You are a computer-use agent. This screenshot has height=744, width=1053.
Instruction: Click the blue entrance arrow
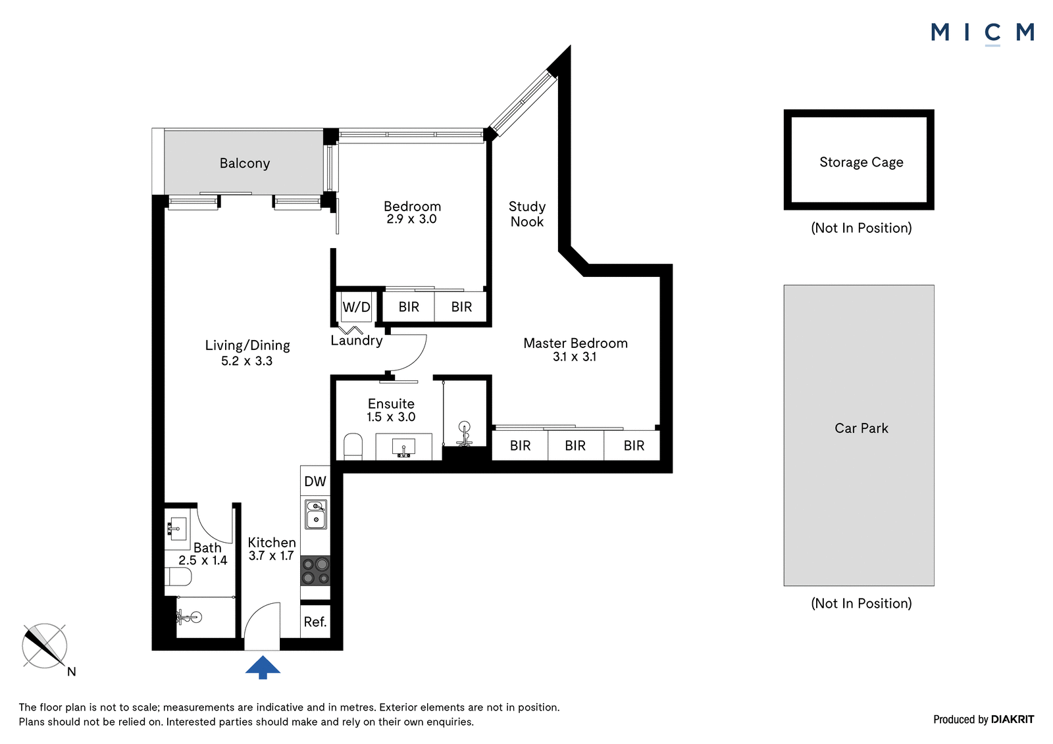(x=263, y=667)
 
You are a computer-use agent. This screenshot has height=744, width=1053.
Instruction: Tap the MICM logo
(x=983, y=34)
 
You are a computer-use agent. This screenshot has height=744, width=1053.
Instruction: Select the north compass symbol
(x=45, y=647)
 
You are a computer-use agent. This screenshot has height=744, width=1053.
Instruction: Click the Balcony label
(x=244, y=163)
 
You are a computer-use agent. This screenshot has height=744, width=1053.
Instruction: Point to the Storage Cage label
(x=861, y=162)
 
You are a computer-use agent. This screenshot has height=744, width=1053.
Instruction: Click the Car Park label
(x=861, y=428)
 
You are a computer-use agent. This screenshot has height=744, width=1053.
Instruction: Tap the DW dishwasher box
(x=315, y=481)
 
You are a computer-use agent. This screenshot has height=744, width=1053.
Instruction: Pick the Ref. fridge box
(x=315, y=622)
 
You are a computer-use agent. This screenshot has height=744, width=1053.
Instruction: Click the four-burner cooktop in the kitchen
(x=315, y=570)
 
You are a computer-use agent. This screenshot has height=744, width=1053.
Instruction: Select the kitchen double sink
(x=316, y=514)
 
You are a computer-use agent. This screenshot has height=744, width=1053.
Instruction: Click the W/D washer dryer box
(x=356, y=307)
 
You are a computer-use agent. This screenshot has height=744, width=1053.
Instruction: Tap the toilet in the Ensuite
(x=353, y=447)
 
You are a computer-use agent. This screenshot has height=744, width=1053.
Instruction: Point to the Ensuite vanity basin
(x=404, y=447)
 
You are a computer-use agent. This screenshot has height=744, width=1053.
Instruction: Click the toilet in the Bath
(x=178, y=576)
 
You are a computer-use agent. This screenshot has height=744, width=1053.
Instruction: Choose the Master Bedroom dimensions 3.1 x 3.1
(x=575, y=357)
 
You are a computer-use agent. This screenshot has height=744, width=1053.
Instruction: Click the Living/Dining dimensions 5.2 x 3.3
(x=247, y=361)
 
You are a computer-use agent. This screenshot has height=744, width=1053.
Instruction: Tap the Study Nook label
(x=527, y=214)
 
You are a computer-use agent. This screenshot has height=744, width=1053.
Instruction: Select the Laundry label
(x=356, y=340)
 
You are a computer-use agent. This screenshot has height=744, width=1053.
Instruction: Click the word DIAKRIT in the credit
(x=1013, y=720)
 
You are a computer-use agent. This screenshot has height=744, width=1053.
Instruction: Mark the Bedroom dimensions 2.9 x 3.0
(x=412, y=219)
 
